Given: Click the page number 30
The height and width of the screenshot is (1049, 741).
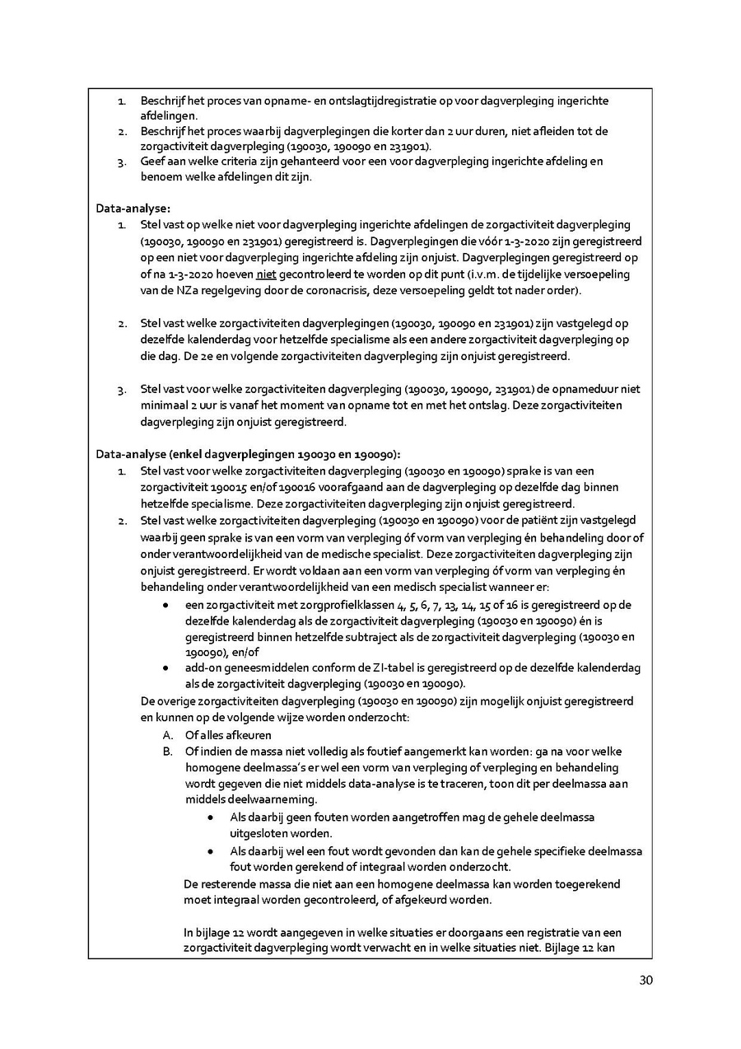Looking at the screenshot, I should (x=645, y=981).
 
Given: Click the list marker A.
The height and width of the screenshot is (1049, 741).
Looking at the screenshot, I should (x=167, y=735).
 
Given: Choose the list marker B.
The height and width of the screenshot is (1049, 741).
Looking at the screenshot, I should (x=167, y=752).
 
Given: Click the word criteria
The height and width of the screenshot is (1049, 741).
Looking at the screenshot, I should (x=231, y=162).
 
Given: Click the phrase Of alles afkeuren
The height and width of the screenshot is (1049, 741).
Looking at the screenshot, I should (x=228, y=735).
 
